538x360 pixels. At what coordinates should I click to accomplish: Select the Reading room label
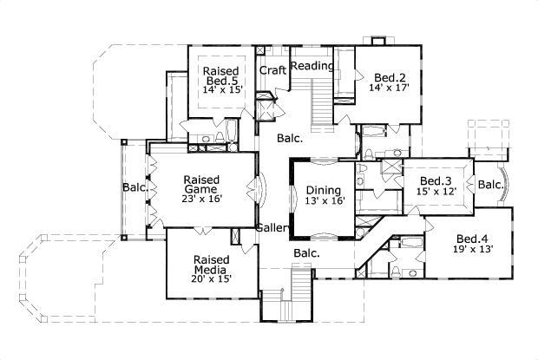[x=312, y=66]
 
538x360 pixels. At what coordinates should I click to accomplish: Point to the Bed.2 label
[x=388, y=76]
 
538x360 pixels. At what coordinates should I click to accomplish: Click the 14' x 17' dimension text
[x=388, y=88]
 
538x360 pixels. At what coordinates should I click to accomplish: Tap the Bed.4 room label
[x=474, y=239]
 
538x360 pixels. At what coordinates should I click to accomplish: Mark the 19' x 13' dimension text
[x=474, y=250]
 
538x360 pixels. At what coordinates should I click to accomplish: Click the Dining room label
[x=324, y=190]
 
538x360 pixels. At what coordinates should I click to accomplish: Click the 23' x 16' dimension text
[x=201, y=199]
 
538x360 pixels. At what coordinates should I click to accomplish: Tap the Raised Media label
[x=211, y=265]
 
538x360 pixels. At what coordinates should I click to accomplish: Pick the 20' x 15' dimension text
[x=211, y=281]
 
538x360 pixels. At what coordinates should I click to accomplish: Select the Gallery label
[x=272, y=228]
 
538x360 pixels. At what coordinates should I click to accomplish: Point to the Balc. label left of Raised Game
[x=134, y=187]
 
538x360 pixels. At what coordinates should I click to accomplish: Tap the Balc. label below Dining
[x=306, y=253]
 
